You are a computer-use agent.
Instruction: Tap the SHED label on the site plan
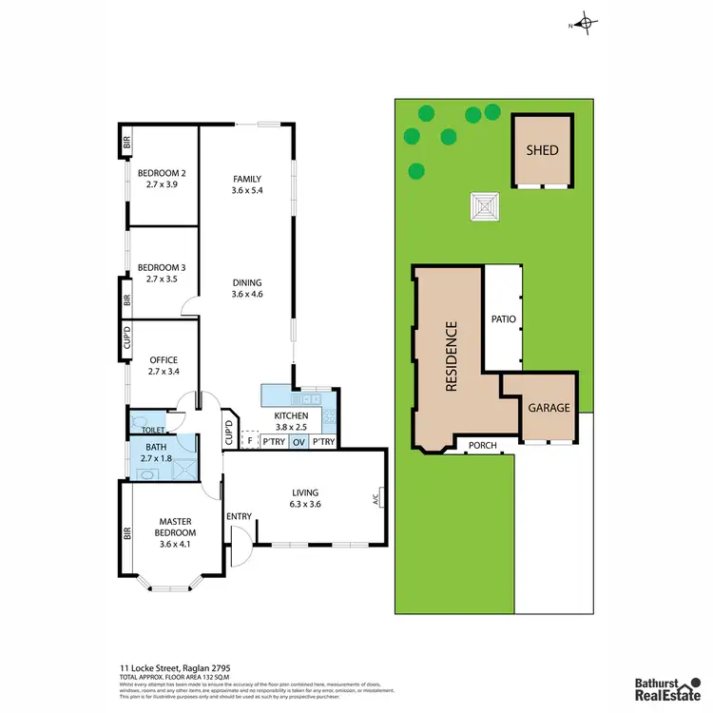click(x=543, y=151)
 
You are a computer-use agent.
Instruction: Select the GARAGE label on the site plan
click(x=549, y=408)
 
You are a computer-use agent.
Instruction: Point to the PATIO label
click(x=503, y=319)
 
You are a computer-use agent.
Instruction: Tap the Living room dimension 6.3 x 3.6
click(x=305, y=505)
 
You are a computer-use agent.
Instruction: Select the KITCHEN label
click(x=290, y=416)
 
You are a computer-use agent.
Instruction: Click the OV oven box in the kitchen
click(x=299, y=441)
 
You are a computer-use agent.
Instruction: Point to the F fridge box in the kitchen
click(x=250, y=441)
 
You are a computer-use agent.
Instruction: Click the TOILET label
click(x=154, y=430)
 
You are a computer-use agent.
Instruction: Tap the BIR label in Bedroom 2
click(x=125, y=144)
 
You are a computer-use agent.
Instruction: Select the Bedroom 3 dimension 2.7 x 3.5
click(x=161, y=280)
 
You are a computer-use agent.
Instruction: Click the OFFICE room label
click(x=164, y=359)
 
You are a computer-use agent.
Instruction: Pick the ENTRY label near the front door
click(x=239, y=516)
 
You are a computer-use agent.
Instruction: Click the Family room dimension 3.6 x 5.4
click(x=245, y=191)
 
